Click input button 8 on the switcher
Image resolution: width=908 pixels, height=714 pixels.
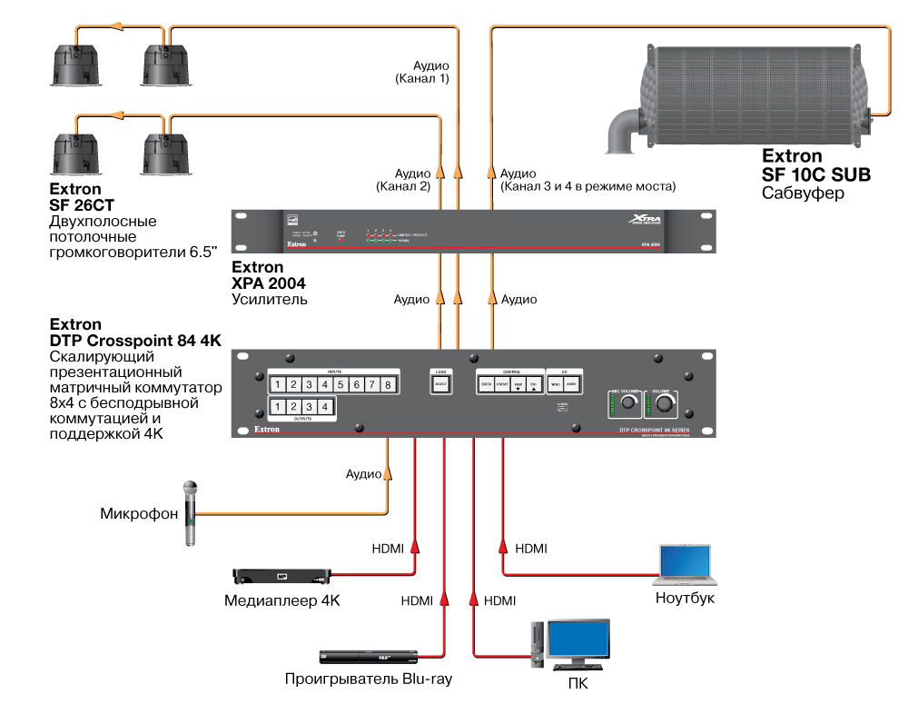point(388,385)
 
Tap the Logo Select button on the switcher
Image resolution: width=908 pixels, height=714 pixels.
point(440,385)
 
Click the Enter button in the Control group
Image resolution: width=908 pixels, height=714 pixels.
point(486,385)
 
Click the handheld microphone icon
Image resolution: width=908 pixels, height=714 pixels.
point(191,513)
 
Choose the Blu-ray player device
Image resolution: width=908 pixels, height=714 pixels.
point(368,657)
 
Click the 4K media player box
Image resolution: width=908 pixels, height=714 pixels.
point(281,576)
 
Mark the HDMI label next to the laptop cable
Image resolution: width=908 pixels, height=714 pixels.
point(531,549)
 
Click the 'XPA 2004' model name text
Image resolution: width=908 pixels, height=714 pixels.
point(270,283)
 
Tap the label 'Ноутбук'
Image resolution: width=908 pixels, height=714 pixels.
point(685,598)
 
